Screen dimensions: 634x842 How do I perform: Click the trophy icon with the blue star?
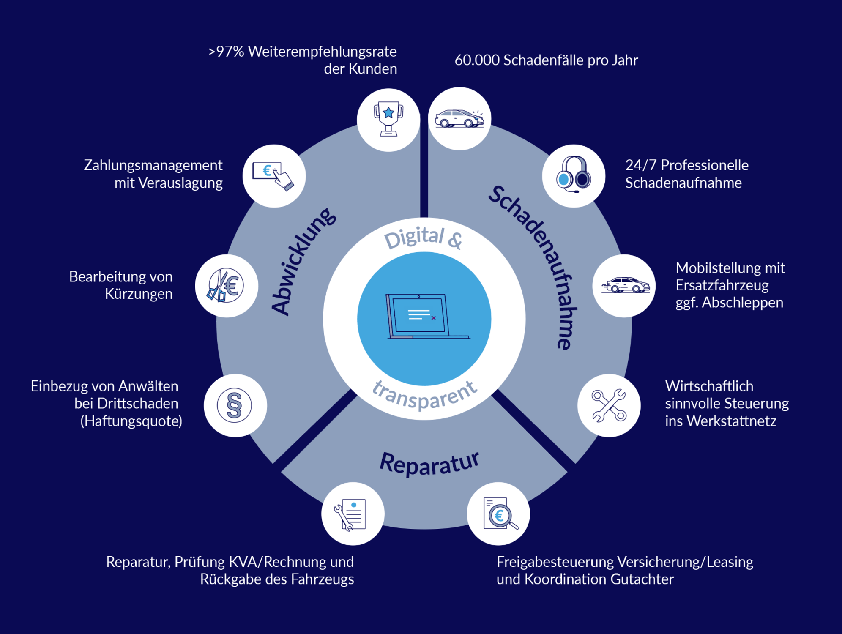(x=388, y=120)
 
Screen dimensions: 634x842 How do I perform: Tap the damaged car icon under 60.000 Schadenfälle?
(x=459, y=119)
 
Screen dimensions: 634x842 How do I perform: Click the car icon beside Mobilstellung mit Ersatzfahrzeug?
(x=624, y=286)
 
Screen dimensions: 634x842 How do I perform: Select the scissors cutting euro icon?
(x=226, y=286)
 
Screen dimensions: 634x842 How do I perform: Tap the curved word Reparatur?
(x=429, y=463)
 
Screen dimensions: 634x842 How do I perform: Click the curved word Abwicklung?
(x=302, y=262)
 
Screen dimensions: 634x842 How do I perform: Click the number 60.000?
(x=477, y=60)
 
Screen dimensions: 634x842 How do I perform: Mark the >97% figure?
(x=226, y=52)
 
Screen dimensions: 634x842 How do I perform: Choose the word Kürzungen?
(x=139, y=294)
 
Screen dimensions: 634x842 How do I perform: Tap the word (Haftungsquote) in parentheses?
(x=131, y=421)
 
